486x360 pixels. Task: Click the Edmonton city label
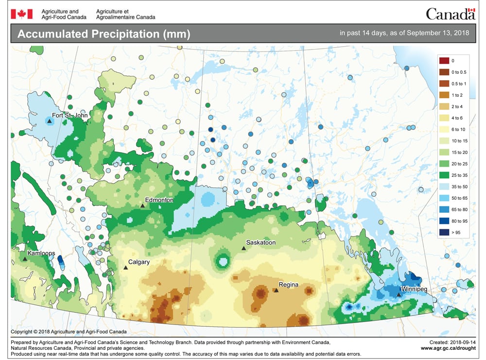159,200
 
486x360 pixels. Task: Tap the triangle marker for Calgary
125,267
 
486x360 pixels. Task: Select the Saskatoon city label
261,242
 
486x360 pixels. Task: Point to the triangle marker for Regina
276,291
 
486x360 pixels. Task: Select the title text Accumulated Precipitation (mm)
104,34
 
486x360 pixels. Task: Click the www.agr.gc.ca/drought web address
448,348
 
